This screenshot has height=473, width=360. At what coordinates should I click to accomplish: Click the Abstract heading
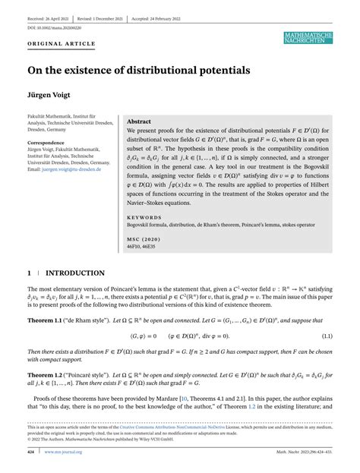pos(139,121)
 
